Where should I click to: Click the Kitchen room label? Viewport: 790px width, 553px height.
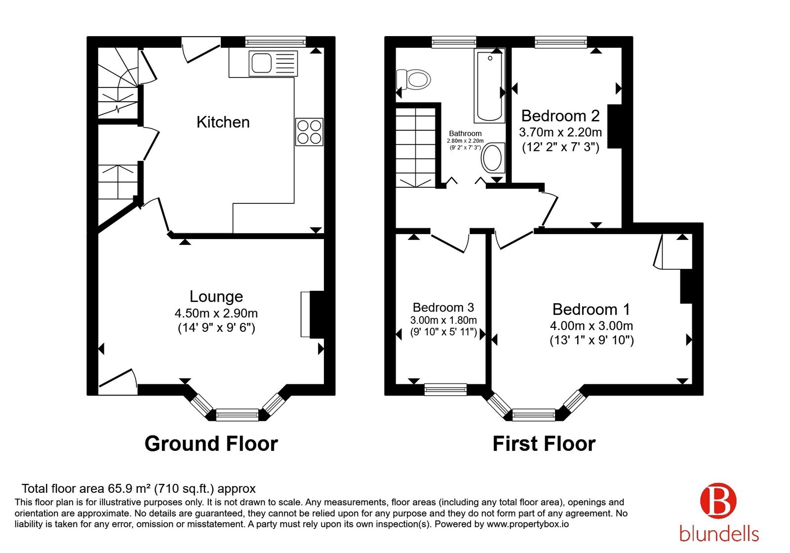pos(223,122)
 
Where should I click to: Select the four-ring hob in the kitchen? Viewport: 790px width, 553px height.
pos(309,132)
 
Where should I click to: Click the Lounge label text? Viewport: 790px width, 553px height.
pos(216,297)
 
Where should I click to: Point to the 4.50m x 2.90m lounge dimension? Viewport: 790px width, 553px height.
pos(216,313)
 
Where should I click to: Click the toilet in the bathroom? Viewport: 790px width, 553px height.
pos(414,79)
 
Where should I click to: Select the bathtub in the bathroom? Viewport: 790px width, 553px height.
pos(489,86)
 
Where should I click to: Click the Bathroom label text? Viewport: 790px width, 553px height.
pos(465,133)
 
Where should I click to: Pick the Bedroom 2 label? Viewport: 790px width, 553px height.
pos(560,116)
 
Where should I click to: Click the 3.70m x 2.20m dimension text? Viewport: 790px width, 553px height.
pos(560,132)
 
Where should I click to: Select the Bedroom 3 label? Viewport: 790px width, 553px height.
pos(443,308)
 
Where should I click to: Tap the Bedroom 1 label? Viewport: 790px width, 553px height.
pos(591,309)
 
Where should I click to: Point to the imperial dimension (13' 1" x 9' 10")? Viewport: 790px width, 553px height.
pos(592,340)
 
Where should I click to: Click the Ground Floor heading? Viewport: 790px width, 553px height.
pos(211,444)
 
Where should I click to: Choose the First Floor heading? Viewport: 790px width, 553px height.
pos(544,444)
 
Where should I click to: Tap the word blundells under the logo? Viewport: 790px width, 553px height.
pos(719,533)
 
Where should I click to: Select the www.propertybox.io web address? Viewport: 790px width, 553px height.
pos(528,524)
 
